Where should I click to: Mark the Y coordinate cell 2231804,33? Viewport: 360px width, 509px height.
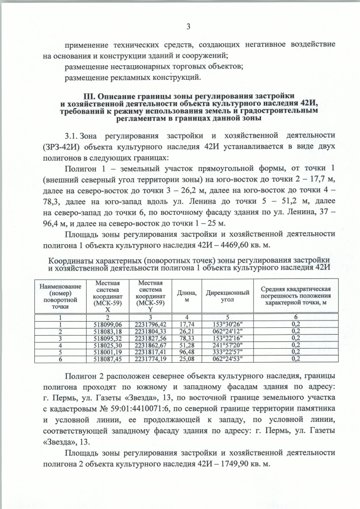pos(148,332)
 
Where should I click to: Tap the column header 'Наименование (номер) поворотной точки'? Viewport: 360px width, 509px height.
pos(60,297)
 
